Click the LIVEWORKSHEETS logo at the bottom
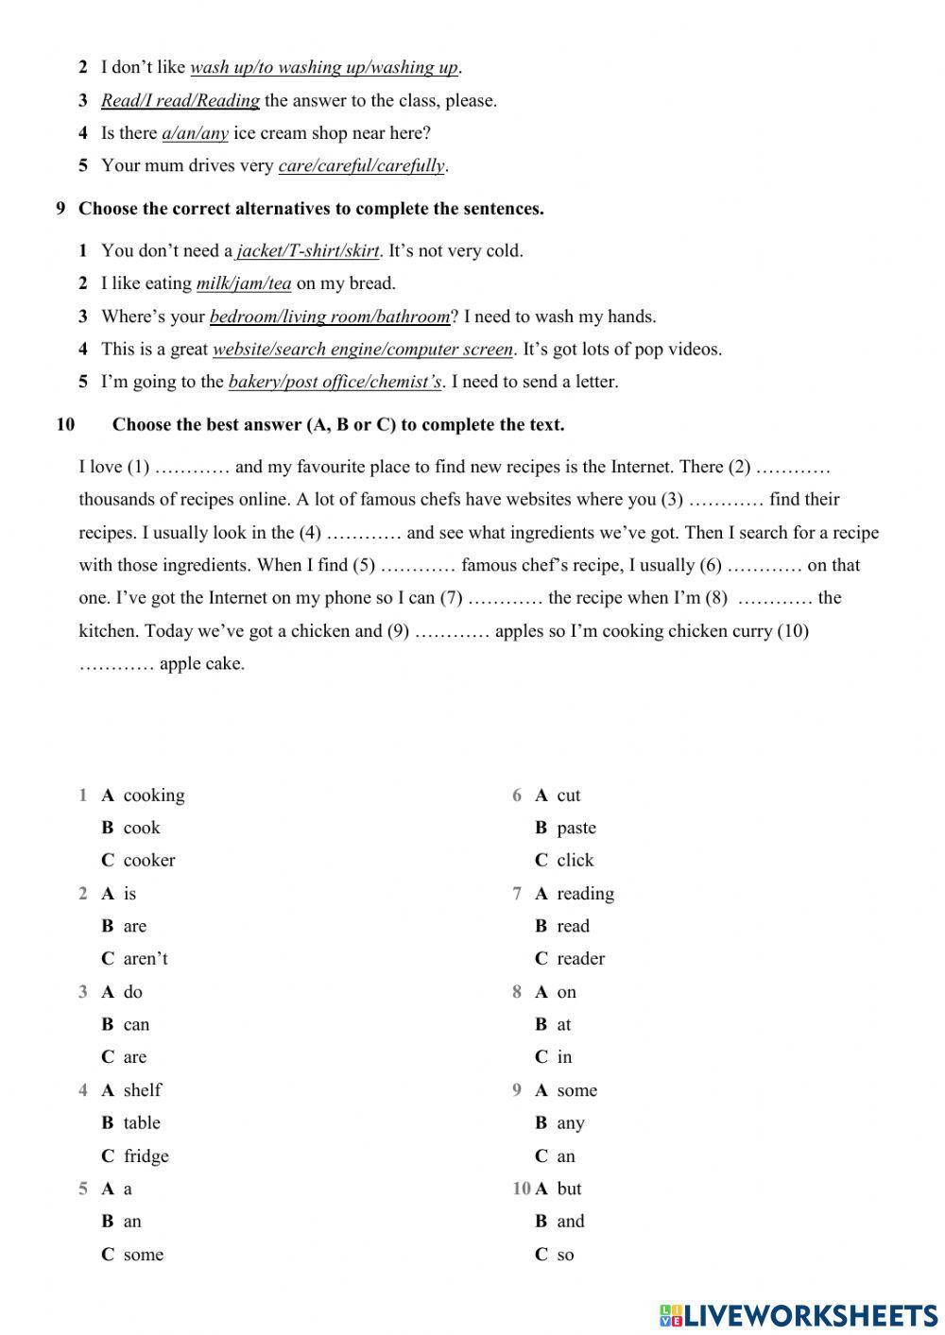(x=799, y=1314)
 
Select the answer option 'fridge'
(x=146, y=1155)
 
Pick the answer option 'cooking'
(x=154, y=795)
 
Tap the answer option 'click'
(x=575, y=860)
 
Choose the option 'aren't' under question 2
(x=146, y=958)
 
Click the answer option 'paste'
(x=576, y=828)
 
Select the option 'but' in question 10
(x=569, y=1188)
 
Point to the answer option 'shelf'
(x=142, y=1089)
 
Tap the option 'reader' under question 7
(x=580, y=958)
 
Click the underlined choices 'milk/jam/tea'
(x=244, y=282)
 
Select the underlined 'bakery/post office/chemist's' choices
(x=335, y=382)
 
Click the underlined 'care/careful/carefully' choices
(x=361, y=165)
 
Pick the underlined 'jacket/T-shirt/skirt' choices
(x=307, y=250)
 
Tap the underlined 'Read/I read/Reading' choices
(x=180, y=100)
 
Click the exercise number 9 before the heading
(x=60, y=208)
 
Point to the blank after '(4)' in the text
(x=364, y=533)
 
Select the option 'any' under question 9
(x=570, y=1122)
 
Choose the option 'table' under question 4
(x=142, y=1122)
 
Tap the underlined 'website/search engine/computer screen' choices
(x=363, y=349)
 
